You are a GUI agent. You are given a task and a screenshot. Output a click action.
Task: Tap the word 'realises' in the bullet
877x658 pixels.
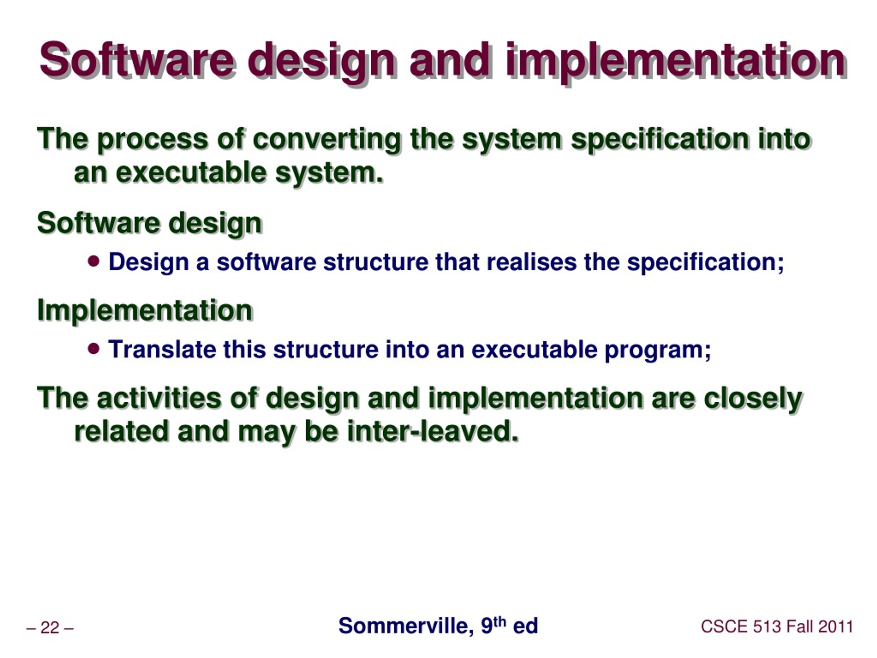pyautogui.click(x=531, y=262)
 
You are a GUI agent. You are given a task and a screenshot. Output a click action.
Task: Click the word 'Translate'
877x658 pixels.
pyautogui.click(x=162, y=350)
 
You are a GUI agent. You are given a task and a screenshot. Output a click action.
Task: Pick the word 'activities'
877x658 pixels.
pyautogui.click(x=159, y=398)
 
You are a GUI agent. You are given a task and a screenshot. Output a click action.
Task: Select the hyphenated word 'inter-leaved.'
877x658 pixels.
pyautogui.click(x=433, y=431)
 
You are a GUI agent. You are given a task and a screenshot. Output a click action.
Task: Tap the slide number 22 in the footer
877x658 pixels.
pyautogui.click(x=50, y=628)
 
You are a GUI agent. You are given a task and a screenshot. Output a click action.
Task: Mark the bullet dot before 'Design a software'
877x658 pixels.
pyautogui.click(x=94, y=261)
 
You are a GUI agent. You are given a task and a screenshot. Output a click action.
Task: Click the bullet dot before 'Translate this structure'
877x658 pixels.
pyautogui.click(x=94, y=349)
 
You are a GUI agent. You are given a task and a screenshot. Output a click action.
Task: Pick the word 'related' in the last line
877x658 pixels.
pyautogui.click(x=121, y=431)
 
